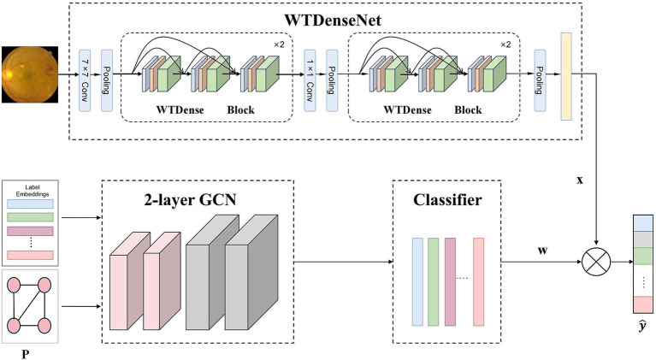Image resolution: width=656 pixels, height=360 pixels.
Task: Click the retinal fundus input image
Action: pyautogui.click(x=30, y=74)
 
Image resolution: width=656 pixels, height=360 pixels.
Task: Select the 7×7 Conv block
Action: pyautogui.click(x=85, y=80)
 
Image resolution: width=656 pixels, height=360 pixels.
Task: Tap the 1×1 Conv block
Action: pyautogui.click(x=310, y=80)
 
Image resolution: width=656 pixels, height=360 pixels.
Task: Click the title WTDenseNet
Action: pyautogui.click(x=333, y=20)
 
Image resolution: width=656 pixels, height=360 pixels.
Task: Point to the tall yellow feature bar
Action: pyautogui.click(x=566, y=76)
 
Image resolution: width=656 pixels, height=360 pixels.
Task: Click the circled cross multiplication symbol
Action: pyautogui.click(x=596, y=263)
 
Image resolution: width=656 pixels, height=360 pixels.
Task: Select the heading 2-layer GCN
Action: pyautogui.click(x=191, y=200)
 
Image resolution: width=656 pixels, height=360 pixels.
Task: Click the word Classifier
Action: pyautogui.click(x=447, y=200)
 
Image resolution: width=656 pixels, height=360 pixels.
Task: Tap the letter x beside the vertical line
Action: pyautogui.click(x=579, y=180)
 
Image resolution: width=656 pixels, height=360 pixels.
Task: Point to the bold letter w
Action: pyautogui.click(x=542, y=251)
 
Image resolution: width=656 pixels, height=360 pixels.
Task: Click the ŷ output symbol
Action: pyautogui.click(x=643, y=325)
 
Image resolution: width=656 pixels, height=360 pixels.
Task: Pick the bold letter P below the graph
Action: pyautogui.click(x=26, y=354)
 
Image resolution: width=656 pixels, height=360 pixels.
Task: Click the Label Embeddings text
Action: pyautogui.click(x=33, y=191)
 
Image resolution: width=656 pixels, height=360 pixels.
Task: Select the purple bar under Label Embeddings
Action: pyautogui.click(x=30, y=231)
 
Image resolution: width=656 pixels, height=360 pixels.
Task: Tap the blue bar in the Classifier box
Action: pyautogui.click(x=417, y=282)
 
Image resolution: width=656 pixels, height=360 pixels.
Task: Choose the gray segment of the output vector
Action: pyautogui.click(x=643, y=239)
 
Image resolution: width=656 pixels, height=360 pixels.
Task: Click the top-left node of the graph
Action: pyautogui.click(x=14, y=286)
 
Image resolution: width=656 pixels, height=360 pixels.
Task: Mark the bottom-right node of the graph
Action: pyautogui.click(x=44, y=325)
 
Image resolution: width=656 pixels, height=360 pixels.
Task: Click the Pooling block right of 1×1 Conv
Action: pyautogui.click(x=332, y=80)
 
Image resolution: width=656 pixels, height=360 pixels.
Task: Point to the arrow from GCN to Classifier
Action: pyautogui.click(x=344, y=263)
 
